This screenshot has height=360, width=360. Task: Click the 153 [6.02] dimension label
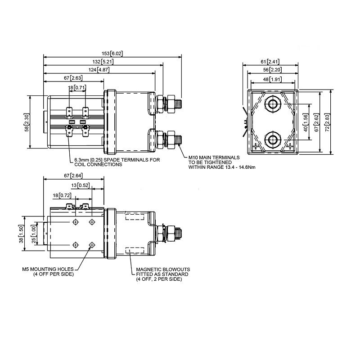tap(112, 54)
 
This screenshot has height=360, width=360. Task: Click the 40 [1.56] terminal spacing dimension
tap(306, 122)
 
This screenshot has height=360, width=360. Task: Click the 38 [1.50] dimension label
tap(20, 234)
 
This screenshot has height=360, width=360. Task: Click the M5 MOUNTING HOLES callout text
tap(48, 271)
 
